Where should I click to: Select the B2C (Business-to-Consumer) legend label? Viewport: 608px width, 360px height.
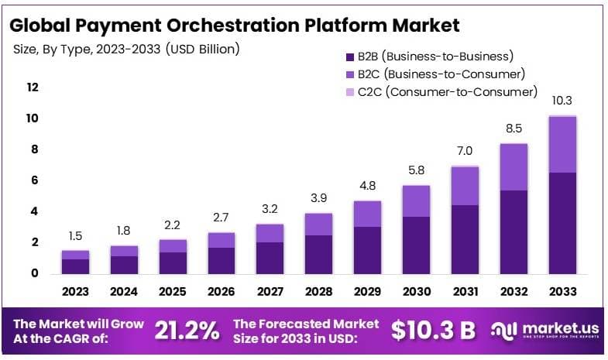[441, 74]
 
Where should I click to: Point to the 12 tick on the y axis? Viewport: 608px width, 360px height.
[32, 87]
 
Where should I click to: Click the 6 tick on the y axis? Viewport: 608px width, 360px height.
[34, 180]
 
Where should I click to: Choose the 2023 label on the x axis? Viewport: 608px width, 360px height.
[76, 292]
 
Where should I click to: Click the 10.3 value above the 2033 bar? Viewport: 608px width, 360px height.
[562, 101]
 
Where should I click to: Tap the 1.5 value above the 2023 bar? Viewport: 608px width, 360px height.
[76, 236]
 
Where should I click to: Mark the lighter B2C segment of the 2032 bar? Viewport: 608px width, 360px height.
[514, 166]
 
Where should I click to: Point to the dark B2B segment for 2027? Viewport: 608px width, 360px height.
[269, 258]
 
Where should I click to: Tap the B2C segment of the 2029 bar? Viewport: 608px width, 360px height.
[368, 214]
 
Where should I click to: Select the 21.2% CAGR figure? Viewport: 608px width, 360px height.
[187, 331]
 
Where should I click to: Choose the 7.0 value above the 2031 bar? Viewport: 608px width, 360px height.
[465, 151]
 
